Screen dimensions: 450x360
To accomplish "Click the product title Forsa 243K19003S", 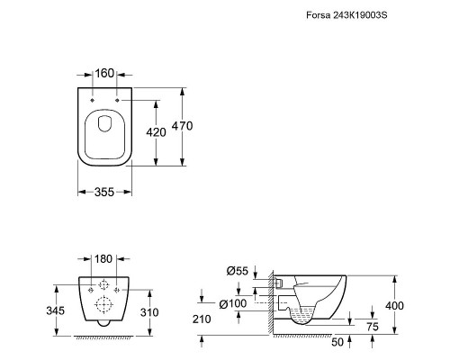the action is tap(346, 15).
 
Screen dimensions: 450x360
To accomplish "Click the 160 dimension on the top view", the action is tap(104, 73).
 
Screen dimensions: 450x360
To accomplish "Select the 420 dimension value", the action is tap(156, 132).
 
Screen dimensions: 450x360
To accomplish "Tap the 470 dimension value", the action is tap(182, 126).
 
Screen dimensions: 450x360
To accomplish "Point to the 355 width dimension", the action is tap(104, 192).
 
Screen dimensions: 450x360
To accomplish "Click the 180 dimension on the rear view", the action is tap(103, 259).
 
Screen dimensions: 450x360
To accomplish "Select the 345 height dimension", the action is tap(56, 310).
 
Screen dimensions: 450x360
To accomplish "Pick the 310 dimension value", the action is tap(149, 312).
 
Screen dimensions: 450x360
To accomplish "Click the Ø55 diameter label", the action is tap(238, 271).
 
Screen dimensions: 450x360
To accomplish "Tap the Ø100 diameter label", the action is tap(233, 303).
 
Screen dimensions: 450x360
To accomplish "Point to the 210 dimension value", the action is tap(202, 319).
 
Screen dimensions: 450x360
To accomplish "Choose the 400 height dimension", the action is tap(394, 306).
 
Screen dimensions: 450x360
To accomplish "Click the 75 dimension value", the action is tap(373, 327).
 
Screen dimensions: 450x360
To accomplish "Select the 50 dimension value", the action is tap(337, 342).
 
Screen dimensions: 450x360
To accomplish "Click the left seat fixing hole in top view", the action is tap(93, 100).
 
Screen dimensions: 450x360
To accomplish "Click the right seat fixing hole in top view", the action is tap(117, 100).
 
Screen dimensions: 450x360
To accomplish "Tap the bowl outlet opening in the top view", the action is tap(104, 123).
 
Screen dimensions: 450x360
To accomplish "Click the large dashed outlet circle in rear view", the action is tap(103, 304).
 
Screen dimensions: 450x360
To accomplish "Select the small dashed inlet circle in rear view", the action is tap(103, 284).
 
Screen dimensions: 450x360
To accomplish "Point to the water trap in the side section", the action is tap(301, 317).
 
